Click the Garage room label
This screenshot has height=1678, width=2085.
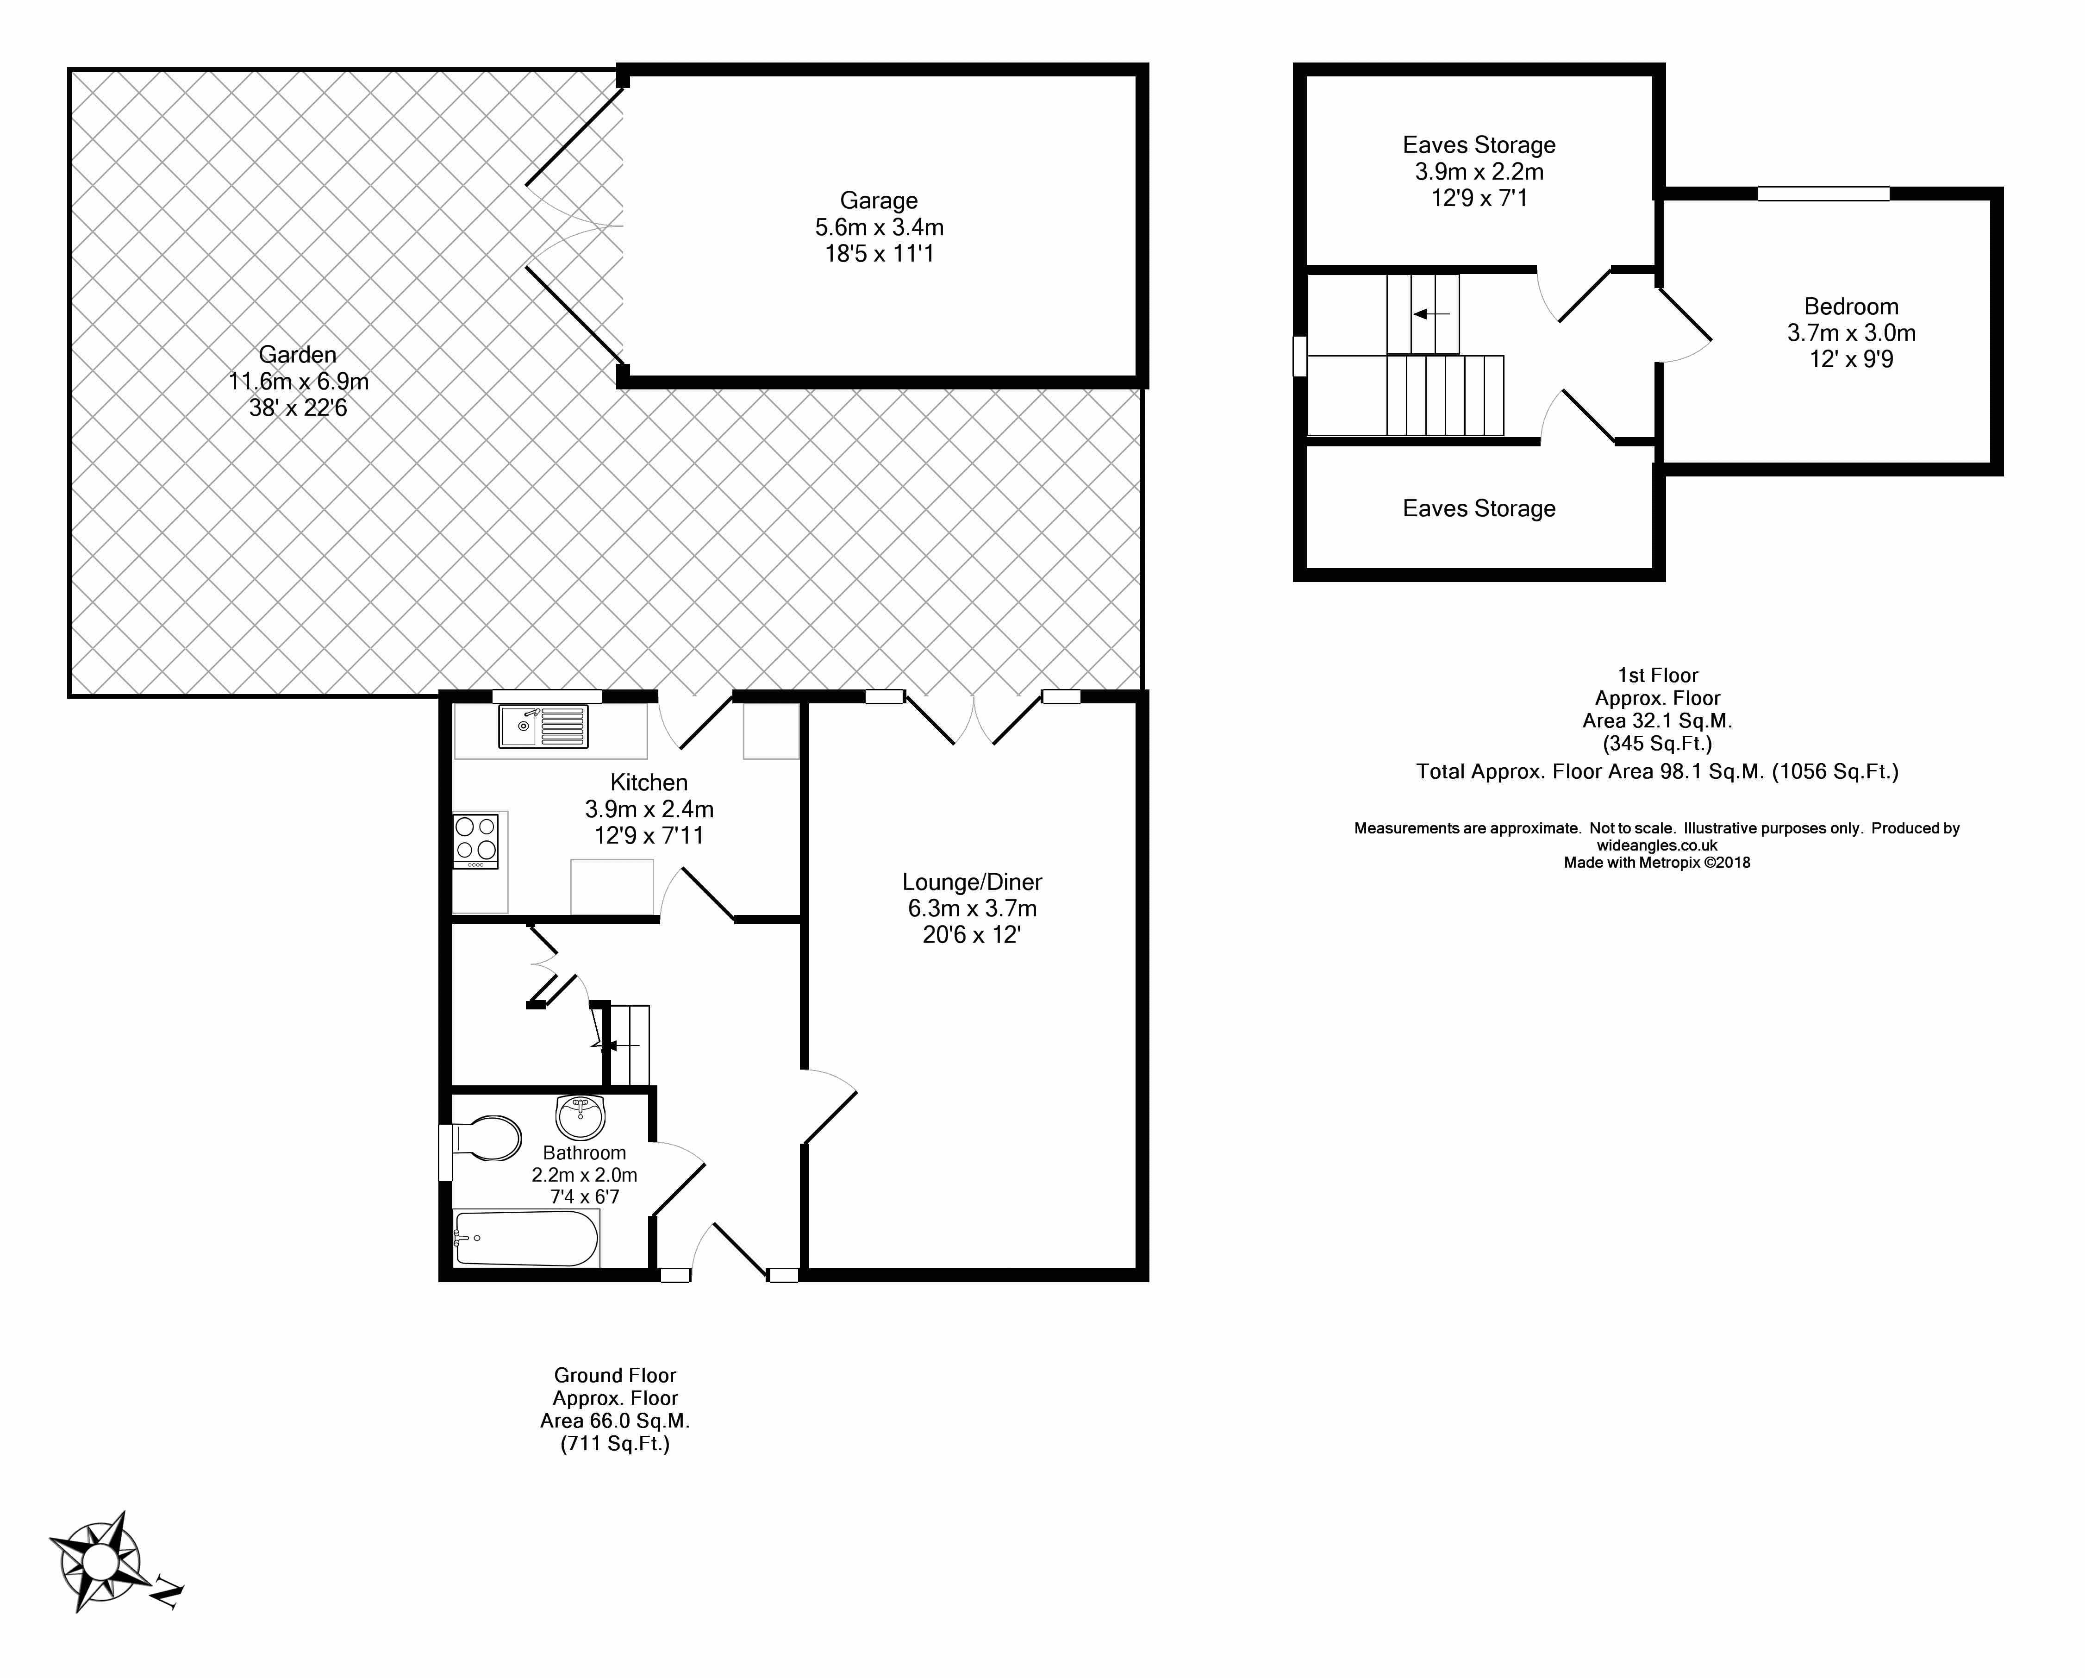click(x=878, y=200)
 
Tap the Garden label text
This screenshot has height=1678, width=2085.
click(x=298, y=355)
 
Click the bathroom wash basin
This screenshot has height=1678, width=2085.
click(x=580, y=1117)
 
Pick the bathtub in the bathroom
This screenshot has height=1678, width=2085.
click(x=527, y=1239)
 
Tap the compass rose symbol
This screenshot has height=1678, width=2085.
click(x=97, y=1560)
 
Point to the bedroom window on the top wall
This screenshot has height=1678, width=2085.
click(x=1823, y=194)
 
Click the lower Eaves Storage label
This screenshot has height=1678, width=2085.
click(x=1479, y=509)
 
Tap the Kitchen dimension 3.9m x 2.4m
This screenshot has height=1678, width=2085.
click(x=649, y=808)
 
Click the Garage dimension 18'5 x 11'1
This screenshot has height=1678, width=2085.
click(x=878, y=253)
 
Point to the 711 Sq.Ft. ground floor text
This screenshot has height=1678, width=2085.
click(x=615, y=1444)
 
